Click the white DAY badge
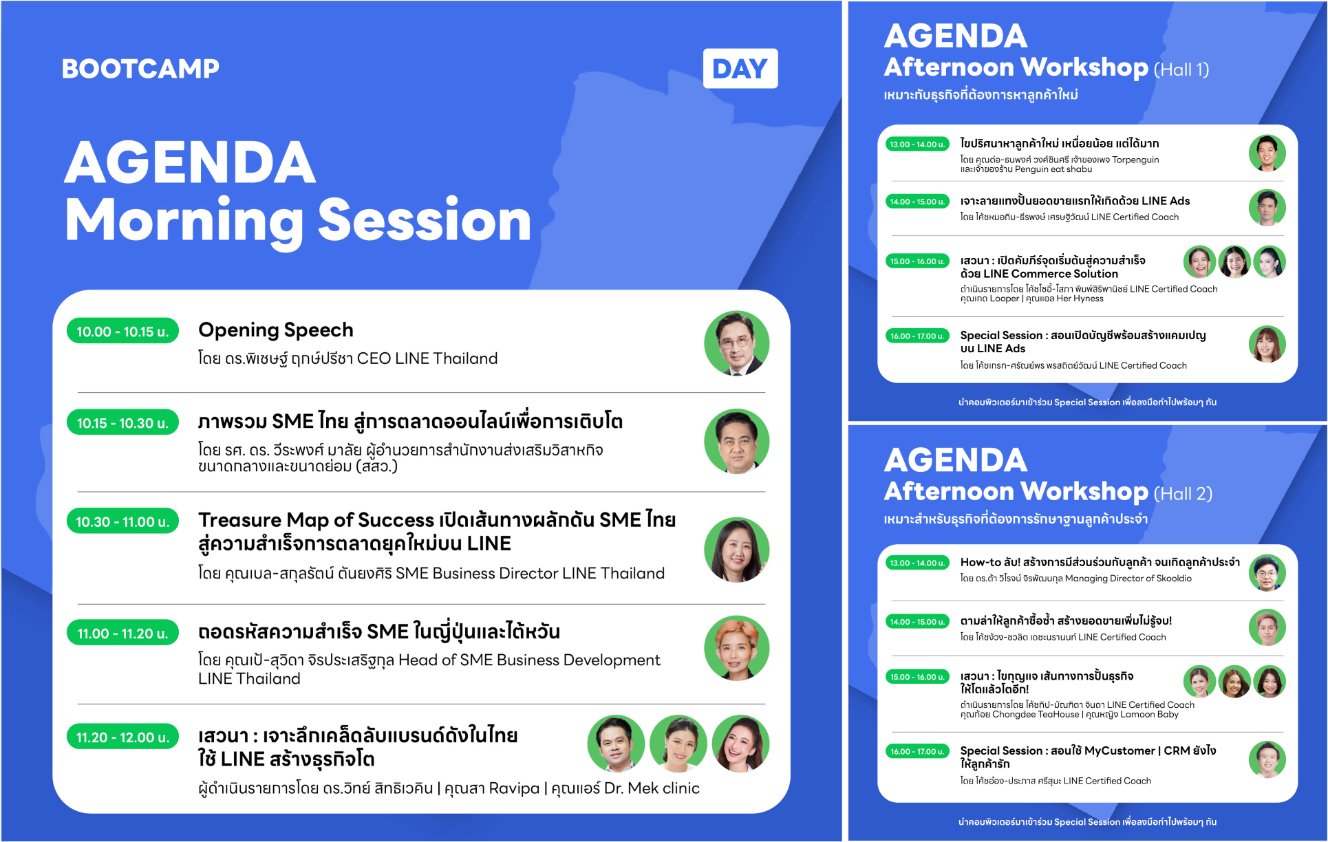coord(740,68)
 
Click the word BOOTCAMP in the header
coord(140,69)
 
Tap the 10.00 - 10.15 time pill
coord(122,331)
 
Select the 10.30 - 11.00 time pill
coord(122,521)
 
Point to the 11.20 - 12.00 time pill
coord(122,737)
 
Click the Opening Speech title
coord(276,330)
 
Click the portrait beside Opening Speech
coord(736,343)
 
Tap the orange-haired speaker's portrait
coord(736,648)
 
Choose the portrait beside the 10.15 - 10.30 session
coord(736,442)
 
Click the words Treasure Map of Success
coord(317,519)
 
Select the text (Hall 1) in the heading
coord(1181,69)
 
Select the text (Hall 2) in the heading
coord(1183,494)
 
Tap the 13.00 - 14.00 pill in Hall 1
coord(917,144)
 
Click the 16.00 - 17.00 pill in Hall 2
coord(917,751)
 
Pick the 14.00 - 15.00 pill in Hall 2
coord(917,622)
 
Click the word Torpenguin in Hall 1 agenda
coord(1135,160)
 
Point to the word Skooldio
coord(1174,579)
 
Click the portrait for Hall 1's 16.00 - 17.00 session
coord(1267,344)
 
